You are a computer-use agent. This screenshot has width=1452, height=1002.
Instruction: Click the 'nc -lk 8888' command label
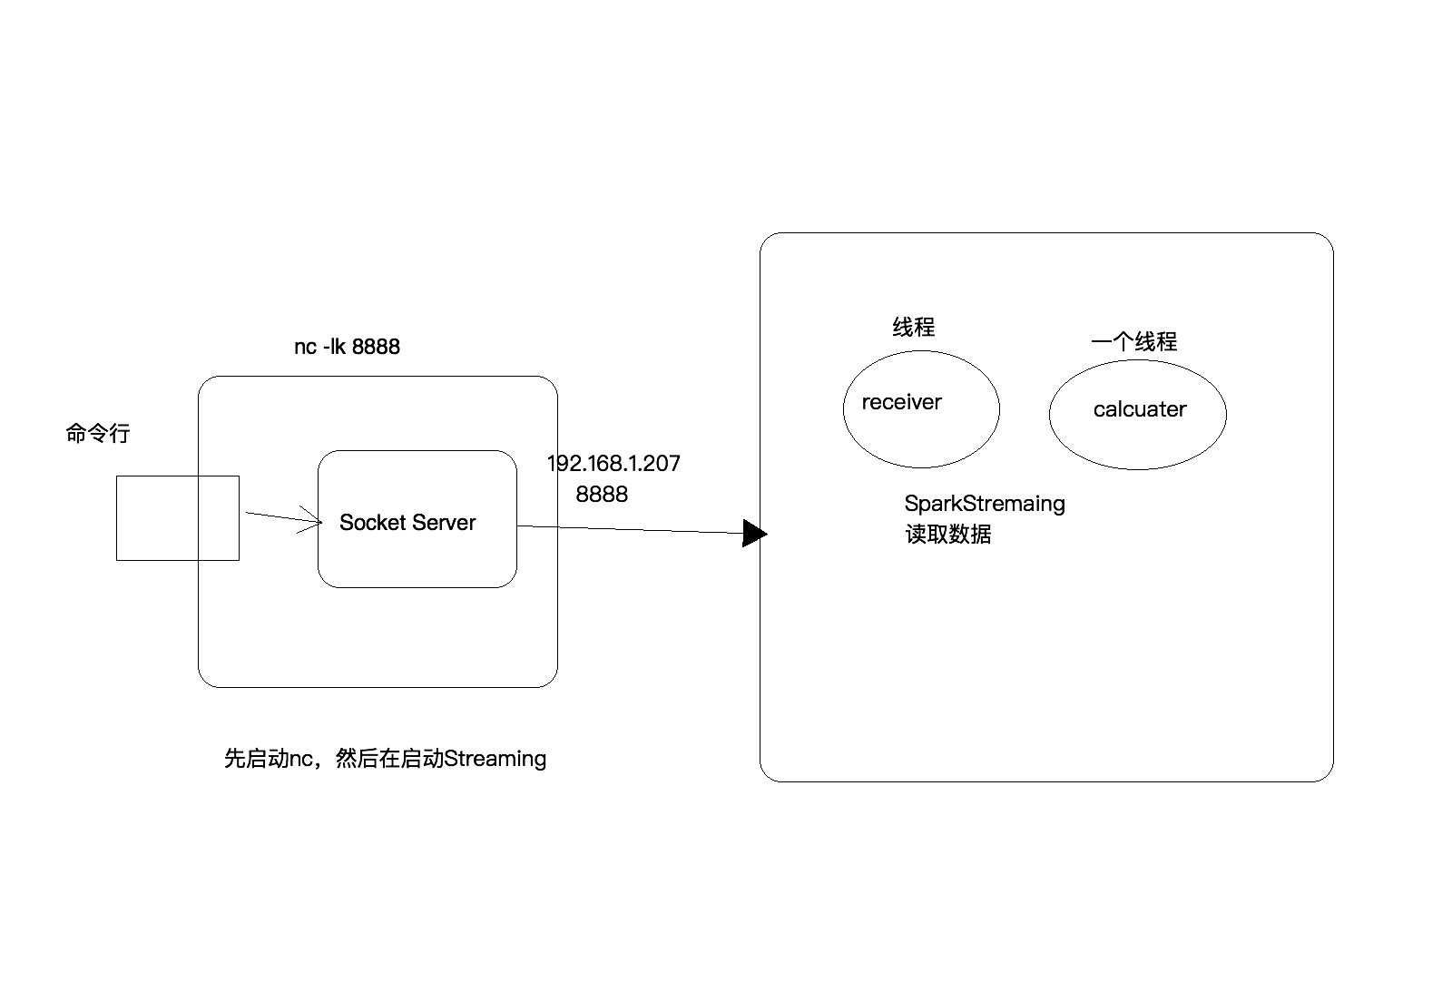(347, 347)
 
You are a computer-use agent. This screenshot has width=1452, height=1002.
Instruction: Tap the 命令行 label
(98, 434)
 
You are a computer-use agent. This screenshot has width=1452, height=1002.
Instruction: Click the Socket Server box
(417, 563)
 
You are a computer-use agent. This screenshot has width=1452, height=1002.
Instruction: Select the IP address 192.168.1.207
(613, 464)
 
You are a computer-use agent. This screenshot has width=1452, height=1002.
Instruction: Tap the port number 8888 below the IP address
(602, 495)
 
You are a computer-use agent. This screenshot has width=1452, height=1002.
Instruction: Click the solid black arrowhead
(754, 534)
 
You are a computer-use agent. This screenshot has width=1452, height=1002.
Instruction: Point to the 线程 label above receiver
(914, 328)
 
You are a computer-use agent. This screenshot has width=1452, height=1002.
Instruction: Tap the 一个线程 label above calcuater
(1134, 342)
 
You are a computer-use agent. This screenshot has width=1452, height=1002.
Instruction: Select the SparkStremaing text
(985, 504)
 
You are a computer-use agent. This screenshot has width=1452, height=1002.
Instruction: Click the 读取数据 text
(948, 535)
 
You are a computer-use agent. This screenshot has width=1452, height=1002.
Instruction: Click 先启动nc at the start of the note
(269, 759)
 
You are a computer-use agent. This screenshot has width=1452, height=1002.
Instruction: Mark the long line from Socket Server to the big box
(635, 529)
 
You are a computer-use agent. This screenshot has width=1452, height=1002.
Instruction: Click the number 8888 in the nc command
(376, 347)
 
